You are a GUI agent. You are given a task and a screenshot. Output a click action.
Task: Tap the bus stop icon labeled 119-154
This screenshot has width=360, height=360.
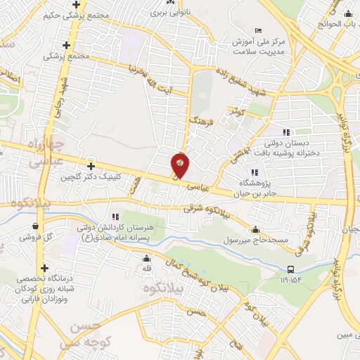[x=290, y=269]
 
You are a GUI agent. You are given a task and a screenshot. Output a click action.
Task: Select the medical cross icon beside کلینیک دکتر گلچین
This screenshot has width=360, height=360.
[x=91, y=167]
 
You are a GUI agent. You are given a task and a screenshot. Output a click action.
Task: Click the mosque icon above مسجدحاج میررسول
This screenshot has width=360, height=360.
[x=255, y=229]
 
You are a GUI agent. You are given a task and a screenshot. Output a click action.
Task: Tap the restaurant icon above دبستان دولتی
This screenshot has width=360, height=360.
[x=285, y=131]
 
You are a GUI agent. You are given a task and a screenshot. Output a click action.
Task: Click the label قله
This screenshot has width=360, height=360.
[x=146, y=269]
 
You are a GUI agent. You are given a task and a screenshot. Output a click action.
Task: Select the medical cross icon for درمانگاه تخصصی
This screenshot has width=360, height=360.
[x=45, y=268]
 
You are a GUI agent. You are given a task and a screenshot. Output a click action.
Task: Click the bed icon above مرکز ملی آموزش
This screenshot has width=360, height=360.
[x=259, y=30]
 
